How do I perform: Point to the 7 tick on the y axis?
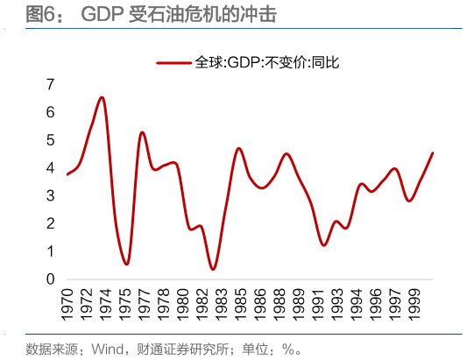(51, 85)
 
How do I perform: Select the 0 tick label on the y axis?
(51, 279)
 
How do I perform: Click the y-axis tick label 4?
(51, 168)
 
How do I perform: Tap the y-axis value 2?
(51, 224)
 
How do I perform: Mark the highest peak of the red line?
(103, 97)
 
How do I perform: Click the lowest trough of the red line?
(213, 269)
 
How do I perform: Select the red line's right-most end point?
(433, 153)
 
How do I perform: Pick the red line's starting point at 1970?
(67, 174)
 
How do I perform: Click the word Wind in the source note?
(106, 349)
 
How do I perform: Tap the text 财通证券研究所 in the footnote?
(179, 349)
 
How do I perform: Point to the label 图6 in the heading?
(39, 13)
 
